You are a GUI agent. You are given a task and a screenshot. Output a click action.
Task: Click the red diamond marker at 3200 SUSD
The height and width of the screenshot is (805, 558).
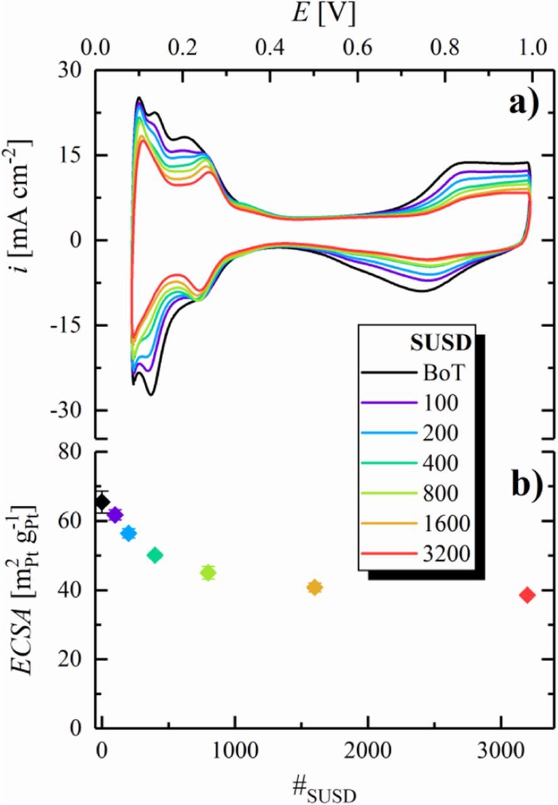[527, 595]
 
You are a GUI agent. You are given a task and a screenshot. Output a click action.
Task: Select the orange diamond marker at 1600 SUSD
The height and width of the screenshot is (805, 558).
[315, 587]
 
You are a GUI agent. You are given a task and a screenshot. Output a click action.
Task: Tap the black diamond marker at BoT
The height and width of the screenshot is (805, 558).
[102, 502]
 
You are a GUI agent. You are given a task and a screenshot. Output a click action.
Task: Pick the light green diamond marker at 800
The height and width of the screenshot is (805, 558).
[208, 572]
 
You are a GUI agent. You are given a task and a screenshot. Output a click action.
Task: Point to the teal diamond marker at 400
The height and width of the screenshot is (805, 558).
[155, 555]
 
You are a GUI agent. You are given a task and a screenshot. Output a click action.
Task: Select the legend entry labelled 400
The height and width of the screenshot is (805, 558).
[440, 462]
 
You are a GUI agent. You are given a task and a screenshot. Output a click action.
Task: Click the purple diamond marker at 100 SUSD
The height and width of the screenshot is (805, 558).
[114, 515]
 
